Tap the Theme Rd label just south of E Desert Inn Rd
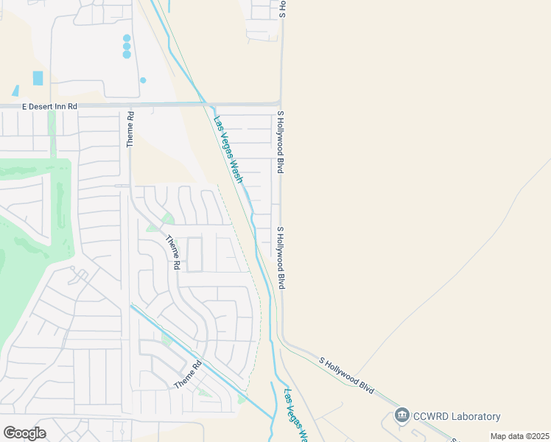[130, 129]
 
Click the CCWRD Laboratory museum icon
[401, 416]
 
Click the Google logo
[24, 432]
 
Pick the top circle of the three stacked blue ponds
[127, 38]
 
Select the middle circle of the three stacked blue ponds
[127, 46]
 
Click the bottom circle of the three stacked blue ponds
[127, 55]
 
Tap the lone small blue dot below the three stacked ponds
[143, 80]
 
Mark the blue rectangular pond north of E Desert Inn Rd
[38, 78]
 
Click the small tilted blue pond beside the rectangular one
[15, 91]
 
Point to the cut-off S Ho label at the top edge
[281, 8]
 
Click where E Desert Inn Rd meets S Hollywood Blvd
[280, 105]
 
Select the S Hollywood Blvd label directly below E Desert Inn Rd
[281, 142]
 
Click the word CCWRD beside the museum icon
[428, 417]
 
